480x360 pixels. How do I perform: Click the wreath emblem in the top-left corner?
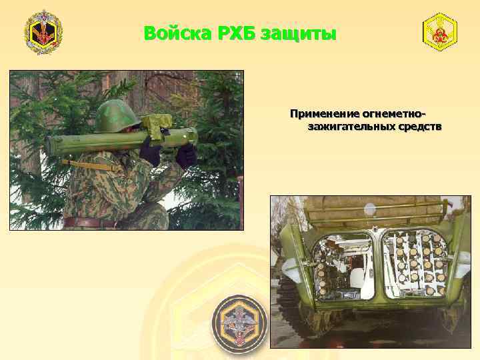pyautogui.click(x=43, y=32)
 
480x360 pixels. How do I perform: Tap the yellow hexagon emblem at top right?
pyautogui.click(x=440, y=31)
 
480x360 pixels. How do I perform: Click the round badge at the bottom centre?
pyautogui.click(x=239, y=325)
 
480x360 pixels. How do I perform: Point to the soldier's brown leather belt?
pyautogui.click(x=90, y=222)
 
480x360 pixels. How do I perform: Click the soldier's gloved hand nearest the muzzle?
pyautogui.click(x=185, y=155)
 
